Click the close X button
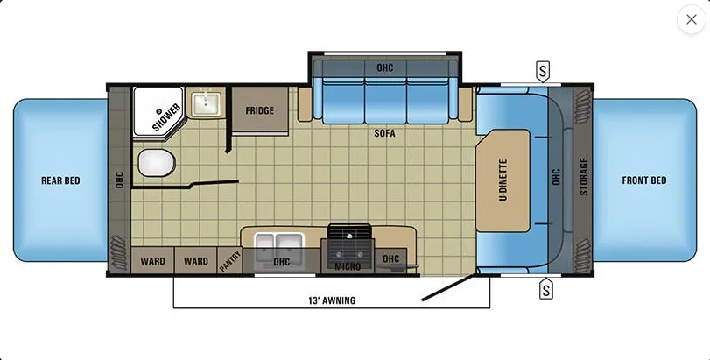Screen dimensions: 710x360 [691, 19]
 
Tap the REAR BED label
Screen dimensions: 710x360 [60, 180]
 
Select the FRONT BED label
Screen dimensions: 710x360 [644, 180]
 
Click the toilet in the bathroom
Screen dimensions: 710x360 [157, 164]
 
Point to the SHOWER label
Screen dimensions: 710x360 [166, 117]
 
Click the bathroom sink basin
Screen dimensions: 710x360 [206, 104]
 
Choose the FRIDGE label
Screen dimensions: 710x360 [260, 110]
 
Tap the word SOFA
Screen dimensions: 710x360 [384, 133]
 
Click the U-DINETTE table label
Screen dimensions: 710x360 [503, 180]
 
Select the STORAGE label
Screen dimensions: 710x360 [584, 177]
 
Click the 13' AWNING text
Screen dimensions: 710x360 [332, 300]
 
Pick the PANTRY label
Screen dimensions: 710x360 [230, 261]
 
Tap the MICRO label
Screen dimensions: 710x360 [348, 266]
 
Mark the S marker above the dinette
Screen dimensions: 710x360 [543, 72]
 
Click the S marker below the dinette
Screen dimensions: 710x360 [546, 288]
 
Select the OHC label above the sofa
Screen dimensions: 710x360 [385, 68]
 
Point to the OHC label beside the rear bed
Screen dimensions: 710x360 [119, 180]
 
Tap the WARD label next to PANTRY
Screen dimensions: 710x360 [196, 261]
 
